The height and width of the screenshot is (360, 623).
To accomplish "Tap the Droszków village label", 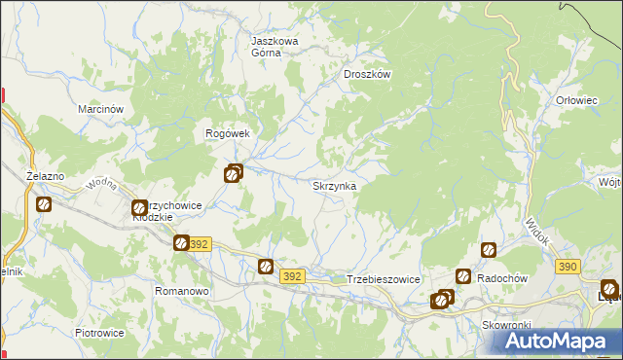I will (367, 73).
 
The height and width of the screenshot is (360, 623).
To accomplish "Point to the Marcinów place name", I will (100, 110).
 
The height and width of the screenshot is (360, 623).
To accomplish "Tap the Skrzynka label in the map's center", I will (333, 185).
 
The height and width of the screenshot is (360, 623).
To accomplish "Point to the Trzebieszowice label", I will (383, 279).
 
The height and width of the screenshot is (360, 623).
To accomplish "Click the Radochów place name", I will (503, 278).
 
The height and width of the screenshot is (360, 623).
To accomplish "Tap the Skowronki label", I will (504, 325).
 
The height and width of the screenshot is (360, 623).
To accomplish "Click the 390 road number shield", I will (568, 266).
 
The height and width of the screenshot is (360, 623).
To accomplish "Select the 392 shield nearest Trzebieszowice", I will (292, 276).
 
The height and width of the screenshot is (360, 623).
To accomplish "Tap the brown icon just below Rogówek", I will (233, 175).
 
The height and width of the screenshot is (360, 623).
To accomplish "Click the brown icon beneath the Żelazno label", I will (44, 204).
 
